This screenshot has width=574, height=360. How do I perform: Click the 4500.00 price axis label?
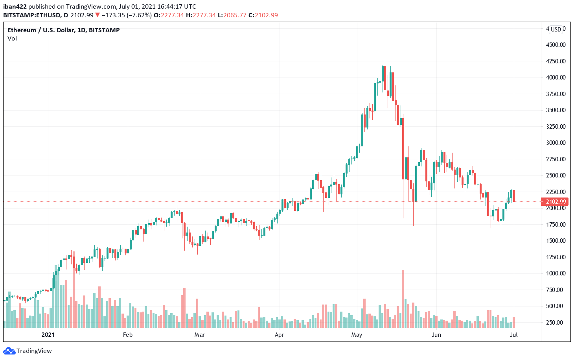[556, 45]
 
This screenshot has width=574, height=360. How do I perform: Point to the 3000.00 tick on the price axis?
[556, 143]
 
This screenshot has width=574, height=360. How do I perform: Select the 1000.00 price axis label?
[556, 273]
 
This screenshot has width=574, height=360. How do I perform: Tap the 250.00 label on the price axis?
[556, 323]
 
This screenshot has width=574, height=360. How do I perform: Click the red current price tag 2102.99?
[556, 202]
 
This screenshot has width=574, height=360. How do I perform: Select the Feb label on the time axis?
[128, 335]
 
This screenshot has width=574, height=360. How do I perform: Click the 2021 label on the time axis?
[48, 335]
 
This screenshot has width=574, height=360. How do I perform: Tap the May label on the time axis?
[357, 335]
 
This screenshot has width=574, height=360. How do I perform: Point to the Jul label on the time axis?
[513, 335]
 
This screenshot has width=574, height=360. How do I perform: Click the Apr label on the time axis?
[279, 335]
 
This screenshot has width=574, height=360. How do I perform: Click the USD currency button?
[556, 30]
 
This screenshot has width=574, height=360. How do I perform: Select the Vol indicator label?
[12, 39]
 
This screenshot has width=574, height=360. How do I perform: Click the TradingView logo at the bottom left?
[28, 351]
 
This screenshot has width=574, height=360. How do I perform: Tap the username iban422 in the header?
[15, 6]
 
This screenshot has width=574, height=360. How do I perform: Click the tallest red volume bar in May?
[403, 299]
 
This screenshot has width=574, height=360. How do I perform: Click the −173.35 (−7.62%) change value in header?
[127, 15]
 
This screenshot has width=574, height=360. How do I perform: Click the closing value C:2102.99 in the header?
[263, 15]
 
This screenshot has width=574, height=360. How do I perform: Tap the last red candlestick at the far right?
[514, 196]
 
